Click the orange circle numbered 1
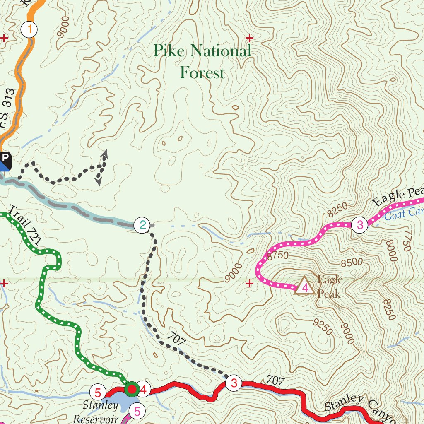pyautogui.click(x=29, y=29)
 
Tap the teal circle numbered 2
pyautogui.click(x=142, y=226)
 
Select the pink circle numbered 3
pyautogui.click(x=360, y=225)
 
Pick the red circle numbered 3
pyautogui.click(x=234, y=383)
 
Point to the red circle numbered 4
pyautogui.click(x=143, y=390)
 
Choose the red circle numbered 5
pyautogui.click(x=98, y=392)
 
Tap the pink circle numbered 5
pyautogui.click(x=137, y=411)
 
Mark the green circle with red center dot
pyautogui.click(x=132, y=389)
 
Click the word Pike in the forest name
pyautogui.click(x=170, y=51)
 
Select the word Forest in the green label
pyautogui.click(x=202, y=73)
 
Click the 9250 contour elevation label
pyautogui.click(x=323, y=327)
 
